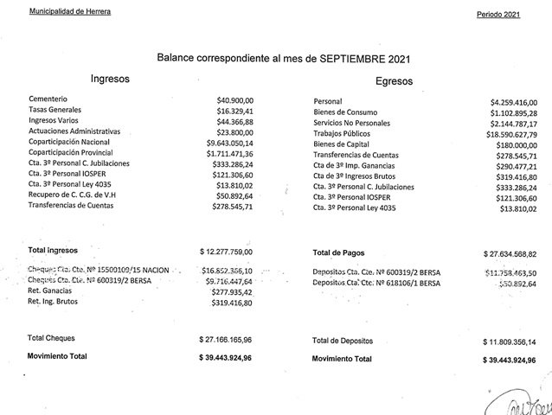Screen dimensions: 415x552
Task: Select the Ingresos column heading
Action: pyautogui.click(x=111, y=79)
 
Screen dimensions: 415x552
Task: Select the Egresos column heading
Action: pyautogui.click(x=395, y=82)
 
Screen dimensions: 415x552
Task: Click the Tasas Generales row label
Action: pyautogui.click(x=55, y=111)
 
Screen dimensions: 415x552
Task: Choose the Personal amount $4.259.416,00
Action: pyautogui.click(x=513, y=102)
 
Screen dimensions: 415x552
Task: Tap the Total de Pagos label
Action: pyautogui.click(x=339, y=253)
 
